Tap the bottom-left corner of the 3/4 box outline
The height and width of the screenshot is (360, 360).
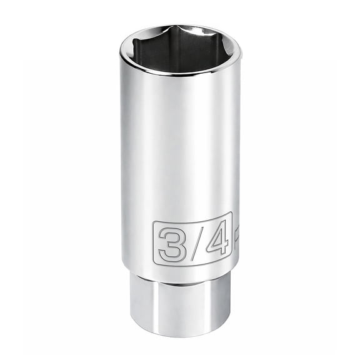pyautogui.click(x=154, y=266)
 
